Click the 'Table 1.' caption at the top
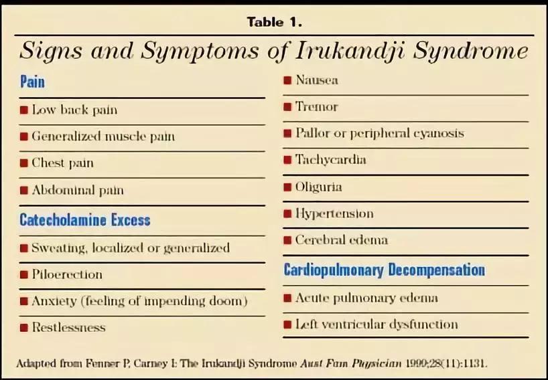(275, 21)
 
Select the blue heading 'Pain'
(32, 82)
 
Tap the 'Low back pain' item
(74, 110)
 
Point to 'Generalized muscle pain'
(103, 136)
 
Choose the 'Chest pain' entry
(62, 163)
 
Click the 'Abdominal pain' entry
(77, 190)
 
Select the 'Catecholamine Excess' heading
(85, 219)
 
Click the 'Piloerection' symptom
(67, 274)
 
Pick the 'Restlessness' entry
(68, 328)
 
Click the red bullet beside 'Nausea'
(287, 80)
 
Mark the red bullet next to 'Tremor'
(287, 107)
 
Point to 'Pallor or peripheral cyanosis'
(379, 133)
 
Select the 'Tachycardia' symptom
(330, 160)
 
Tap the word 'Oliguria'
(318, 187)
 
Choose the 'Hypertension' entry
(334, 213)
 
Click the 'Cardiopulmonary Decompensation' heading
(384, 270)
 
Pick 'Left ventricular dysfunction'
(376, 324)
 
